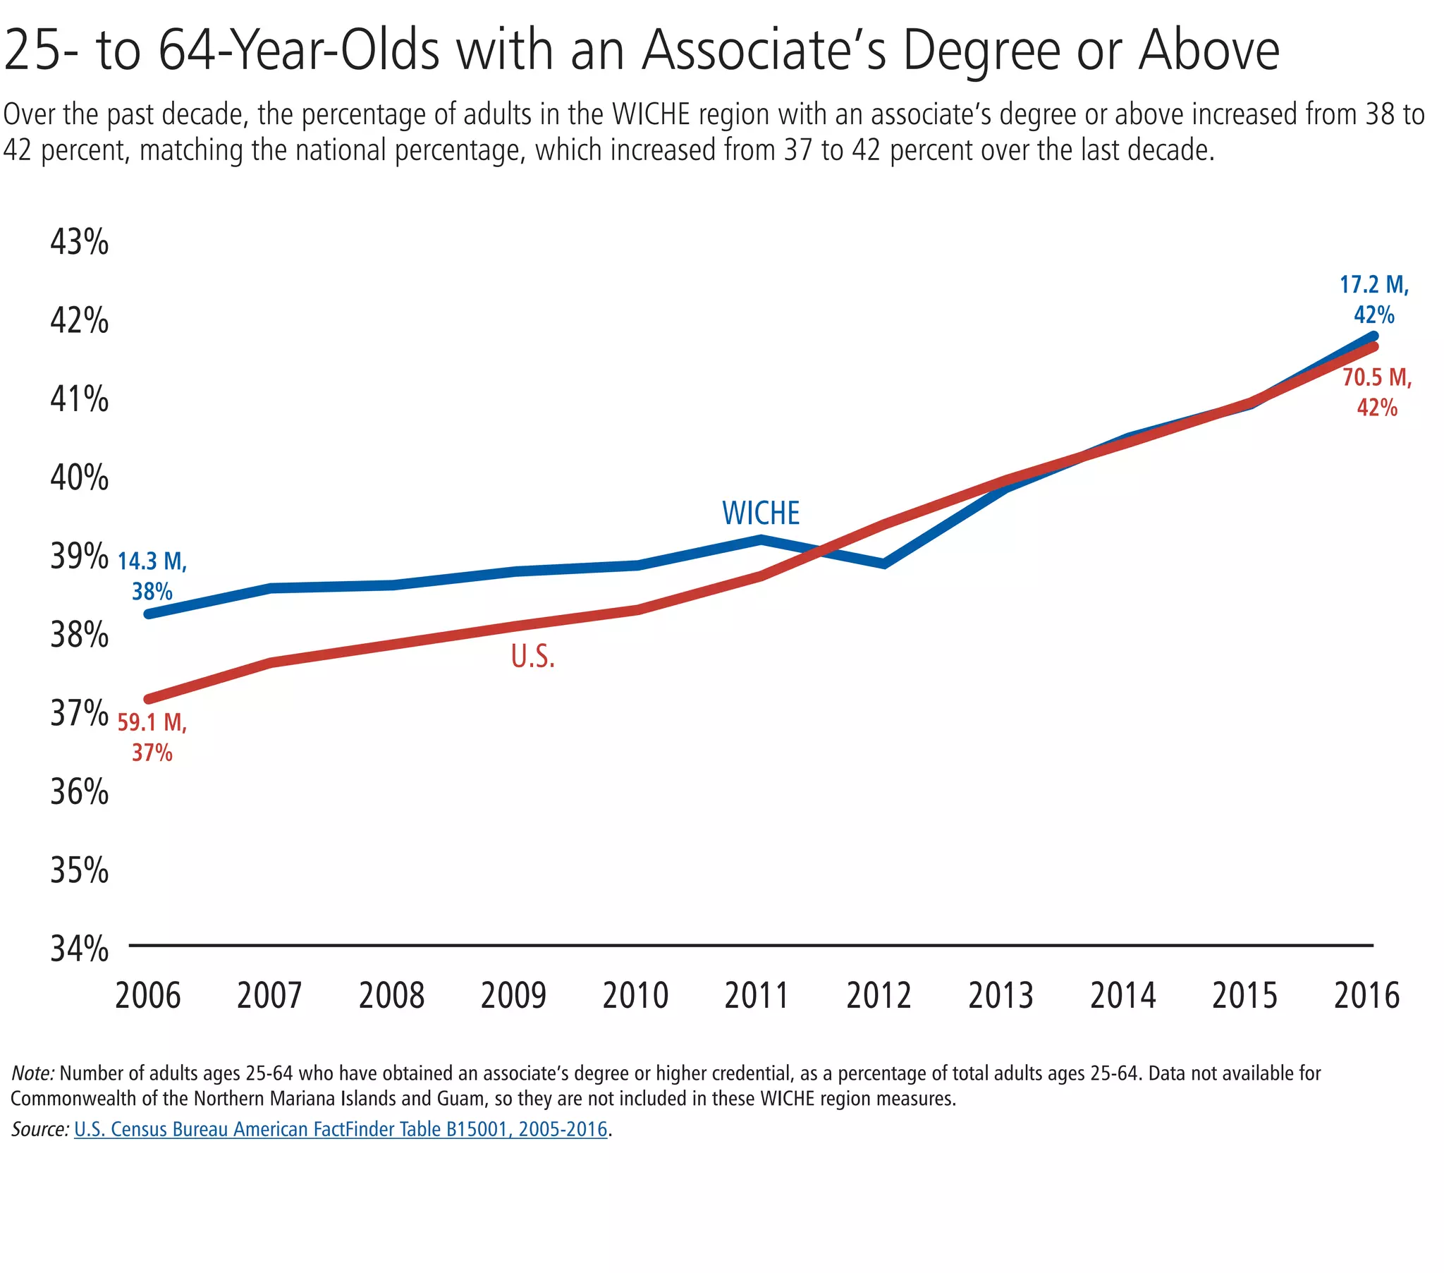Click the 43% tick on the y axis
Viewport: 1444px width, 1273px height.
click(x=79, y=243)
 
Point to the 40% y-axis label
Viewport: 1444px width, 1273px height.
click(x=79, y=479)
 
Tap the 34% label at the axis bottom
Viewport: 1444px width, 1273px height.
click(x=79, y=949)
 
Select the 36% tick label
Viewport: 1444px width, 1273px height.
click(x=79, y=792)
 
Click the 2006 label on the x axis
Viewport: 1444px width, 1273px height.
click(x=147, y=996)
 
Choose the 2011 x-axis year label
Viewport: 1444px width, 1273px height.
click(x=757, y=996)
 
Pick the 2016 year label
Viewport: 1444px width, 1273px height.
click(x=1366, y=996)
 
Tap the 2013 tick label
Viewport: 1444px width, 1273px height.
click(x=1001, y=996)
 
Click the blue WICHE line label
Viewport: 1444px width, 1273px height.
click(x=760, y=514)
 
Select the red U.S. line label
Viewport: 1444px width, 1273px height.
click(x=532, y=657)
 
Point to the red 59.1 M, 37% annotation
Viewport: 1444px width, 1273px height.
click(x=152, y=737)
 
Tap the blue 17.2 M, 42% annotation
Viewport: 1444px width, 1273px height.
click(x=1374, y=300)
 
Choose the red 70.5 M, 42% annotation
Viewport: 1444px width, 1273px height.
click(x=1377, y=392)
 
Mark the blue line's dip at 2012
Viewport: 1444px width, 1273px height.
click(x=883, y=564)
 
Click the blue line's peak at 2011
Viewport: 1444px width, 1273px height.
click(x=761, y=540)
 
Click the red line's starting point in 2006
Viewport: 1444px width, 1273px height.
click(x=149, y=699)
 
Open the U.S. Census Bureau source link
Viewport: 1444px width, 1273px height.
click(x=341, y=1129)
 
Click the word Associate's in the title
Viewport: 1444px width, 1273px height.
click(x=764, y=51)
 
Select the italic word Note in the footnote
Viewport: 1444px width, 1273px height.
click(x=32, y=1073)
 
